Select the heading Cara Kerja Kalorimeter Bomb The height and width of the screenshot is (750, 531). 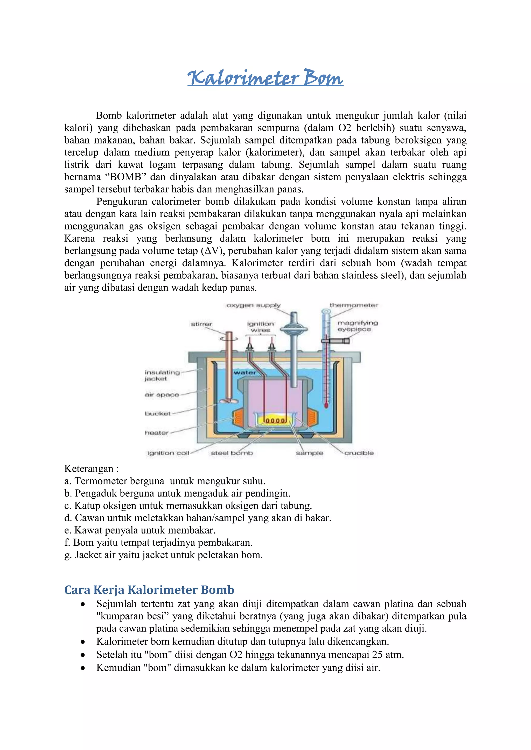(x=149, y=590)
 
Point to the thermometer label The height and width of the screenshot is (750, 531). (x=353, y=305)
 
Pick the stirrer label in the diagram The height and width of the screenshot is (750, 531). (x=201, y=324)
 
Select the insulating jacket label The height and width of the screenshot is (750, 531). (x=162, y=375)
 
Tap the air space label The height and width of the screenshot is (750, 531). (x=162, y=395)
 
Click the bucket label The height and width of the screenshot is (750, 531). (x=158, y=414)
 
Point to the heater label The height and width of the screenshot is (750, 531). (x=157, y=433)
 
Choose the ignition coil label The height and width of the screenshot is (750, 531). (x=168, y=453)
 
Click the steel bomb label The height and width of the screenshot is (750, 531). (x=232, y=453)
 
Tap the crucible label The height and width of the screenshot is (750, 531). (x=359, y=453)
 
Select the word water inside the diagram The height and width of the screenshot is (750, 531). (x=244, y=373)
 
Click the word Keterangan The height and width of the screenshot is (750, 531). (x=89, y=469)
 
